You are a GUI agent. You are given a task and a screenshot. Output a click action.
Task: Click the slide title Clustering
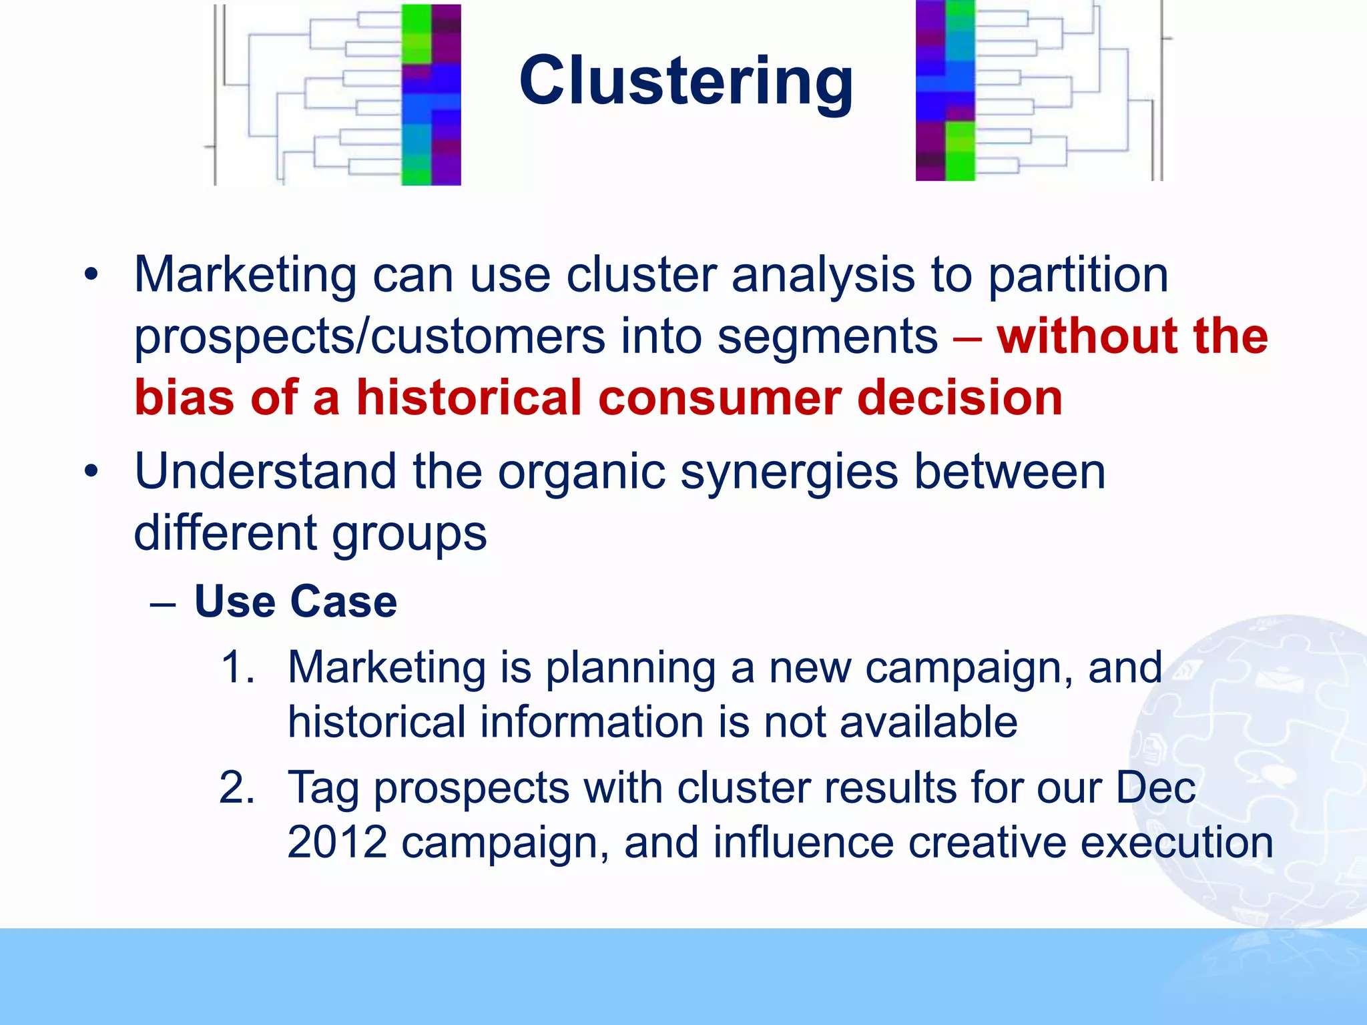(686, 81)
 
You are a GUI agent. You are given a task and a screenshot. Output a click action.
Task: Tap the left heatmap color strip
(431, 94)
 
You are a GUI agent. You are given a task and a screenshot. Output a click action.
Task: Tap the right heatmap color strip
(944, 91)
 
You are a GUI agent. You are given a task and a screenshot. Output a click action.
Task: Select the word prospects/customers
(369, 336)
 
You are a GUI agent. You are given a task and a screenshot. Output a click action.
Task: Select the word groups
(409, 534)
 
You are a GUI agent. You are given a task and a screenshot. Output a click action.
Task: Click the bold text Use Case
(295, 601)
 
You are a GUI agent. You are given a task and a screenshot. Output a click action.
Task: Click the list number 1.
(237, 667)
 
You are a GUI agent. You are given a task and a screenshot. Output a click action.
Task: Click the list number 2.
(237, 787)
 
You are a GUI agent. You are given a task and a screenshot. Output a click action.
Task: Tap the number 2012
(337, 842)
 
